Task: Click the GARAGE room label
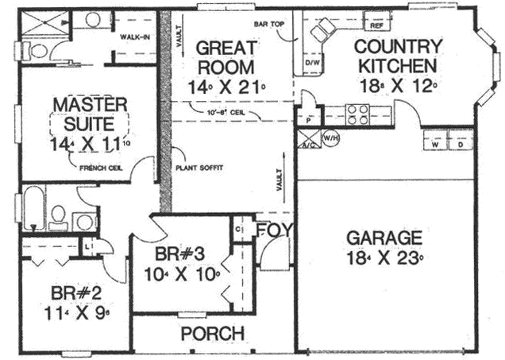(x=384, y=238)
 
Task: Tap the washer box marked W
(x=436, y=146)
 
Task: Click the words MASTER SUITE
(x=89, y=113)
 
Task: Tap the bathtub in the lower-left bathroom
(x=32, y=211)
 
